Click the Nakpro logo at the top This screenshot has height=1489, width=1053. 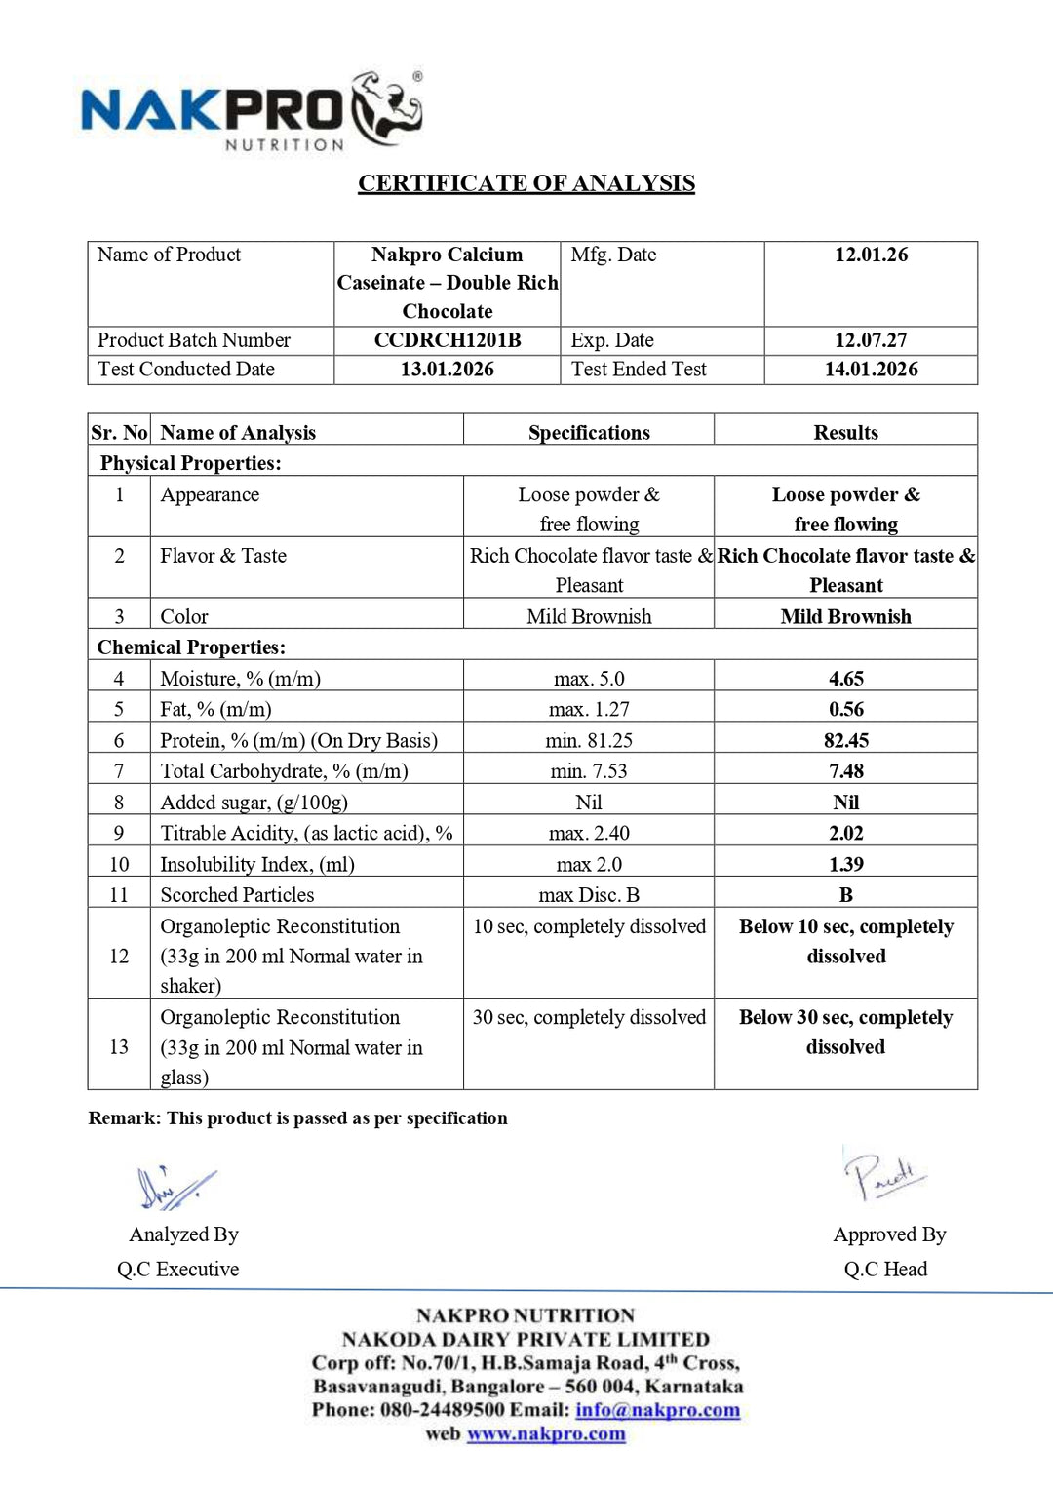pos(252,111)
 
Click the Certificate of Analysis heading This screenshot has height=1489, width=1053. pos(526,183)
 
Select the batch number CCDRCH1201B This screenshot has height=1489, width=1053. pos(447,340)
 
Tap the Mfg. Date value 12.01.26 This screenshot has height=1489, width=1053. pos(871,255)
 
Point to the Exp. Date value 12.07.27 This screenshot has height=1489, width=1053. pos(871,340)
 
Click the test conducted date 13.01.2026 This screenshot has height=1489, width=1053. pos(447,370)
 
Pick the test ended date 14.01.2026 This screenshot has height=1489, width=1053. pos(871,370)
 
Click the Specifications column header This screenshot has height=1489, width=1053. pos(589,433)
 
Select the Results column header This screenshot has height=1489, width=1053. pos(845,433)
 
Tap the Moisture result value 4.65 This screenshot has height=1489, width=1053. pos(845,679)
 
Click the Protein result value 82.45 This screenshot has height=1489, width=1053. pos(845,741)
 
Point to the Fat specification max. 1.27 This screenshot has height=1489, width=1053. pos(589,710)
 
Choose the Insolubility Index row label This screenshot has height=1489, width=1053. pos(257,865)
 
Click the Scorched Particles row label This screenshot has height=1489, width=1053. pos(237,895)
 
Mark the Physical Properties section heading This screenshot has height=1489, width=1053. pos(190,463)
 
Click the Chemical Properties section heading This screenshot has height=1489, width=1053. pos(191,647)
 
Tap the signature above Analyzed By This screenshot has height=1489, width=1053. pos(175,1188)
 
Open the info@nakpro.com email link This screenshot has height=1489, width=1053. pos(657,1410)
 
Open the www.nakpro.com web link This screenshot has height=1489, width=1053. pos(546,1434)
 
